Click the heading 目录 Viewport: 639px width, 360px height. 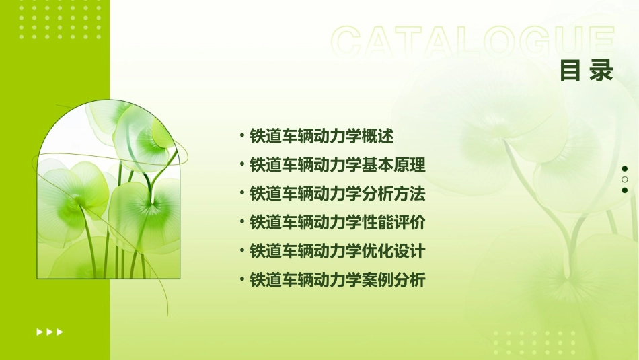587,71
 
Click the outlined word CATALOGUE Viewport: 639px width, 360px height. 473,42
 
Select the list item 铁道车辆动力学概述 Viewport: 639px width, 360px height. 322,136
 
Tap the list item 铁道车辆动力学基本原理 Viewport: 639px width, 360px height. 338,165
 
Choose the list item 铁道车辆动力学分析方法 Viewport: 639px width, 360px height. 338,194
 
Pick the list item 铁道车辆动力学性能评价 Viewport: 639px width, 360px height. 338,222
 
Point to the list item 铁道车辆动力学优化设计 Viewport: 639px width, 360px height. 338,251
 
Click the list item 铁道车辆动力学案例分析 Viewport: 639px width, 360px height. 338,280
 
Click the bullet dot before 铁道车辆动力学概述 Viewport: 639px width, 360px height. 241,135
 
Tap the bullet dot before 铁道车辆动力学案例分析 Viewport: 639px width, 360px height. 241,279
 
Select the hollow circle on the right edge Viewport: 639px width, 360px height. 625,180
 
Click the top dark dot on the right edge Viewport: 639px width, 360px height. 625,169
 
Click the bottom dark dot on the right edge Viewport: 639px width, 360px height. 625,190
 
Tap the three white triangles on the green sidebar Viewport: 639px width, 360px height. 50,332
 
